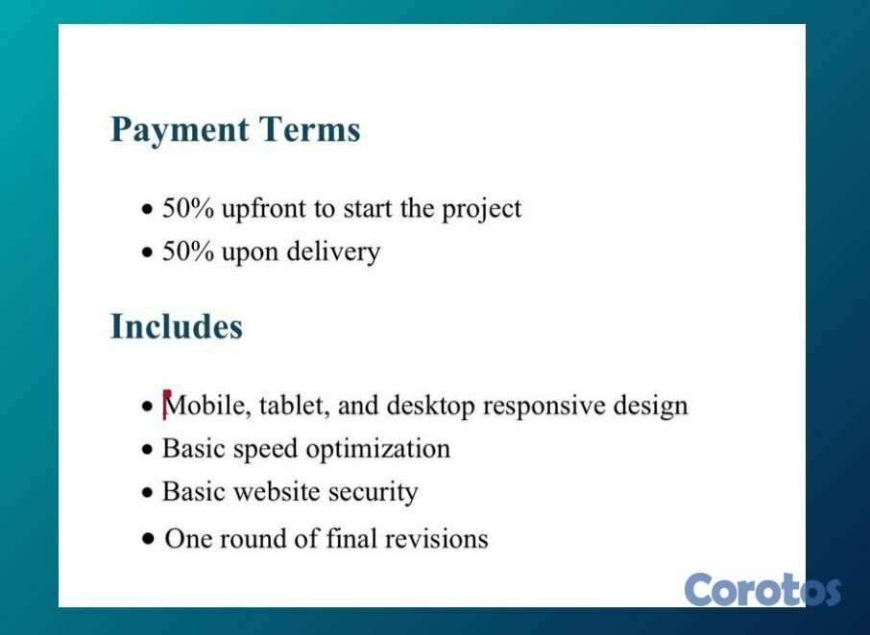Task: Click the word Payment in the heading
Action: click(x=180, y=130)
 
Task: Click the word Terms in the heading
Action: click(x=309, y=129)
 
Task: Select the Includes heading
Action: click(x=177, y=326)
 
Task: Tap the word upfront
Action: click(x=263, y=210)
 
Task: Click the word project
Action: click(x=482, y=210)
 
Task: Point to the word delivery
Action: click(x=333, y=252)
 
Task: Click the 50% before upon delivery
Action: click(x=187, y=251)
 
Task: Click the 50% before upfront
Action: click(x=187, y=208)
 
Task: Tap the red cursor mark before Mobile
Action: click(x=166, y=405)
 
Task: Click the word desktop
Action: click(x=430, y=406)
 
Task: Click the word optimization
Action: click(x=377, y=449)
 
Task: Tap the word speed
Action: click(x=265, y=449)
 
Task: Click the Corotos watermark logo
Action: click(x=762, y=590)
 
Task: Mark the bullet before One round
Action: click(x=148, y=538)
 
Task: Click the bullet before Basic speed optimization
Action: click(x=147, y=449)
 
